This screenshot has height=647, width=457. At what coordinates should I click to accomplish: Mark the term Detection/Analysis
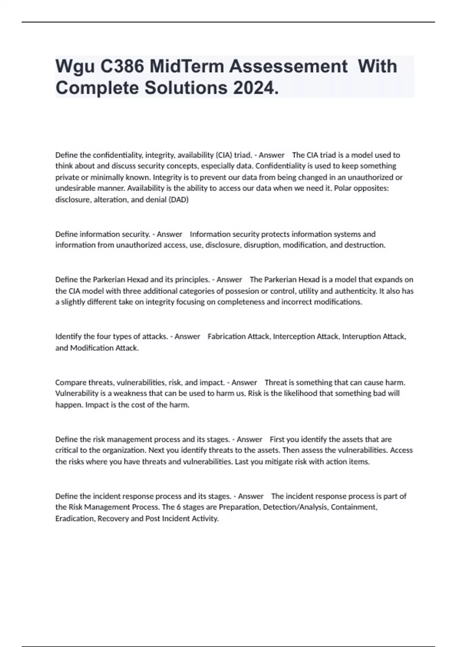(295, 507)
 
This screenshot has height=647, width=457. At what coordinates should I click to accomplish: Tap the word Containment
(354, 507)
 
